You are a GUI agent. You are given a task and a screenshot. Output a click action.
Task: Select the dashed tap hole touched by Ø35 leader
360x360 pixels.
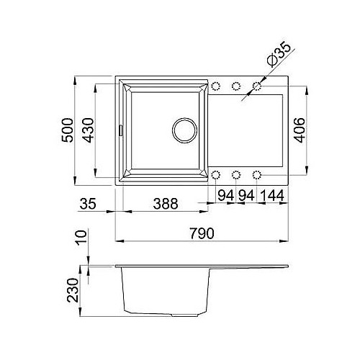[257, 87]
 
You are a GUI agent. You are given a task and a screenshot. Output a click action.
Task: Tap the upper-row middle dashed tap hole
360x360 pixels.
[235, 87]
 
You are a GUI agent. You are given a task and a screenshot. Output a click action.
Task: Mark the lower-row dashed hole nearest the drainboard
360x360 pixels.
[257, 174]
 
